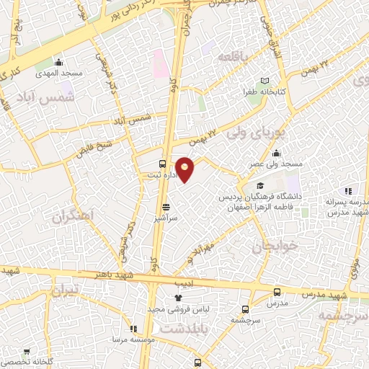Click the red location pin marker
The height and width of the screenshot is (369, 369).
(185, 169)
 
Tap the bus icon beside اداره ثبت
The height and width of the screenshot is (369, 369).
(162, 164)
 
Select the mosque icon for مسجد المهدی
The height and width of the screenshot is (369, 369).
(58, 62)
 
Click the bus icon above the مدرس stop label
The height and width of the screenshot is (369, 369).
(277, 292)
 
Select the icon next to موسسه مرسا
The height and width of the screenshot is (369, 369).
(133, 328)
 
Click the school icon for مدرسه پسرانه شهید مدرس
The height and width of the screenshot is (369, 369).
(348, 190)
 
